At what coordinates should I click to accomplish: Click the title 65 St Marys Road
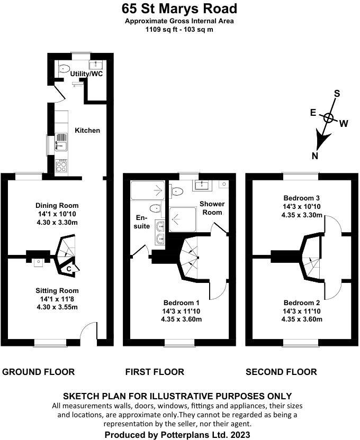(179, 9)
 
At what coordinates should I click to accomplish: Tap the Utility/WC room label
(86, 74)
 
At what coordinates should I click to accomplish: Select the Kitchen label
(87, 130)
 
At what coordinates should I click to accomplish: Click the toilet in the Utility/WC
(65, 68)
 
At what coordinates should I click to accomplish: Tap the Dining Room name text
(57, 205)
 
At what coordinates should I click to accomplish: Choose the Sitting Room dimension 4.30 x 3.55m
(57, 307)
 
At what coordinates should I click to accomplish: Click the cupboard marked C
(69, 269)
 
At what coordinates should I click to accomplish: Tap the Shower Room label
(212, 208)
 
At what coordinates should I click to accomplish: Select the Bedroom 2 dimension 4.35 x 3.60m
(302, 319)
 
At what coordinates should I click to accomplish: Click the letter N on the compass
(315, 155)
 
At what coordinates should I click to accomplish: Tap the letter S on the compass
(336, 94)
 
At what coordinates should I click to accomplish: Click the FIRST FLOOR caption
(155, 372)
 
